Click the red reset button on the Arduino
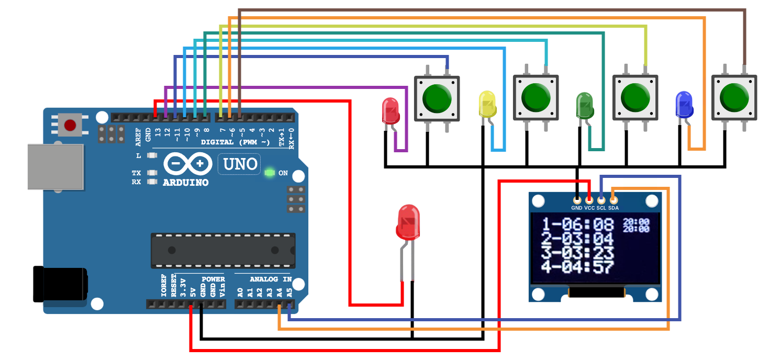coord(70,125)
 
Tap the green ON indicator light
coord(270,172)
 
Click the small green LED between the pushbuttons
coord(585,105)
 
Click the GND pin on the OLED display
coord(577,200)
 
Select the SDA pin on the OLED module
coord(614,200)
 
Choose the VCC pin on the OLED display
coord(589,200)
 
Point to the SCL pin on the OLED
coord(601,200)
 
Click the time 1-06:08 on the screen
coord(577,225)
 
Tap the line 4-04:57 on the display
coord(577,267)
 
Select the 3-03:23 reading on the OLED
coord(577,253)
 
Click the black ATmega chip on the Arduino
coord(223,250)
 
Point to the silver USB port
coord(55,167)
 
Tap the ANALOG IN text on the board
coord(270,279)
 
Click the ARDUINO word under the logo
coord(186,183)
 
